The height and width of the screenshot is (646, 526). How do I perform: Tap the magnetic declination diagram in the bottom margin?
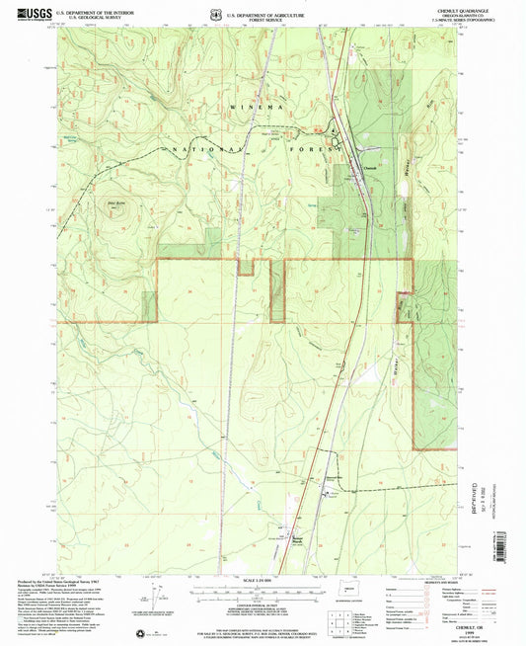point(156,599)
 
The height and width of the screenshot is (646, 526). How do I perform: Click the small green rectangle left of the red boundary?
point(149,306)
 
